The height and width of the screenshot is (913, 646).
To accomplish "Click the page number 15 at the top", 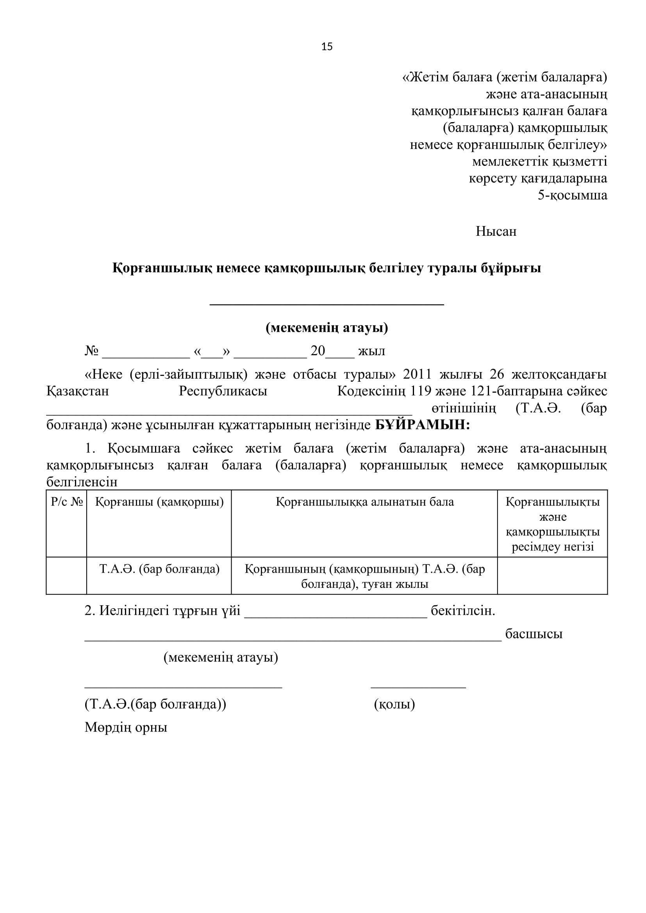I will click(327, 47).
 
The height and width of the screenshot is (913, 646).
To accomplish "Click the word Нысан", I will click(496, 231).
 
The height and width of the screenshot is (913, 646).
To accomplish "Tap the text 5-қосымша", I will click(573, 195).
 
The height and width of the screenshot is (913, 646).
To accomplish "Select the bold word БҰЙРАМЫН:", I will click(423, 425).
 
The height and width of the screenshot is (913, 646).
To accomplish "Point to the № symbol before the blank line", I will click(91, 351).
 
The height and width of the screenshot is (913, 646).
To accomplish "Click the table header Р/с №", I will click(66, 502).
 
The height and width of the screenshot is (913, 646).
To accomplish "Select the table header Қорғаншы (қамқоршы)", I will click(159, 502).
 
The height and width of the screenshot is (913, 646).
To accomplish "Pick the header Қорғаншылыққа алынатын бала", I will click(364, 502).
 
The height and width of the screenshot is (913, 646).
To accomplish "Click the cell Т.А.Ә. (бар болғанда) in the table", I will click(159, 569).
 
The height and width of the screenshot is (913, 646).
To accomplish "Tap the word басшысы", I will click(534, 634).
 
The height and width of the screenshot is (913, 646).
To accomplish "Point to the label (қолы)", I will click(394, 704).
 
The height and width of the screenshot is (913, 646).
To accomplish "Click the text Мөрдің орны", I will click(126, 727).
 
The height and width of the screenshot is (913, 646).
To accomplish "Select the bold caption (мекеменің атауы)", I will click(327, 327).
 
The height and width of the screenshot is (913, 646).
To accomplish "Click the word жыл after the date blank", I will click(371, 351).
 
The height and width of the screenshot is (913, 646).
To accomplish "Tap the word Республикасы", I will click(223, 391).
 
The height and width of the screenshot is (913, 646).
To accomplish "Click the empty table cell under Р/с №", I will click(66, 576).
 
